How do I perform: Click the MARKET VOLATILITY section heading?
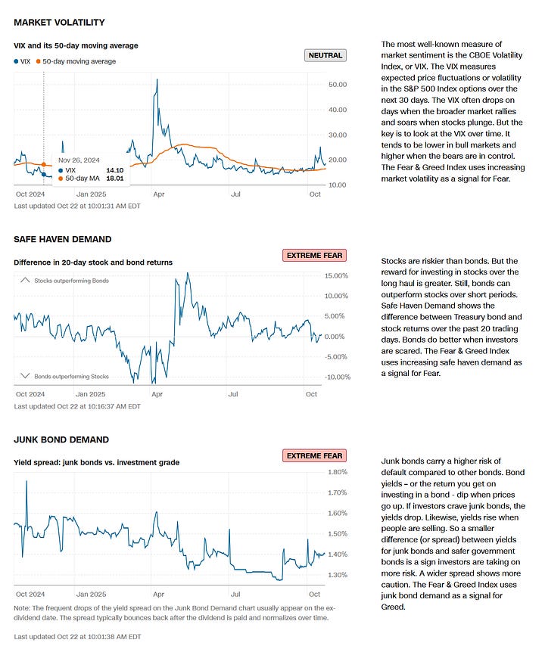point(59,23)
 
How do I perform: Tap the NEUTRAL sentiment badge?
point(325,55)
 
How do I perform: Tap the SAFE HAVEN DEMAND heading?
point(62,239)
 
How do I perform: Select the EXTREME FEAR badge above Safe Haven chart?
point(313,255)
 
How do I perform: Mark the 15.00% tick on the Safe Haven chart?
point(335,275)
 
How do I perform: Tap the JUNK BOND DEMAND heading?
point(61,439)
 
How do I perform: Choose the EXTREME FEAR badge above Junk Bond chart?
point(313,455)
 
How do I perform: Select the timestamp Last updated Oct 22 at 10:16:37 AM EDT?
point(77,406)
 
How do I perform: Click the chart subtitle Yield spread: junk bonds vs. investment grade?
point(96,462)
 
